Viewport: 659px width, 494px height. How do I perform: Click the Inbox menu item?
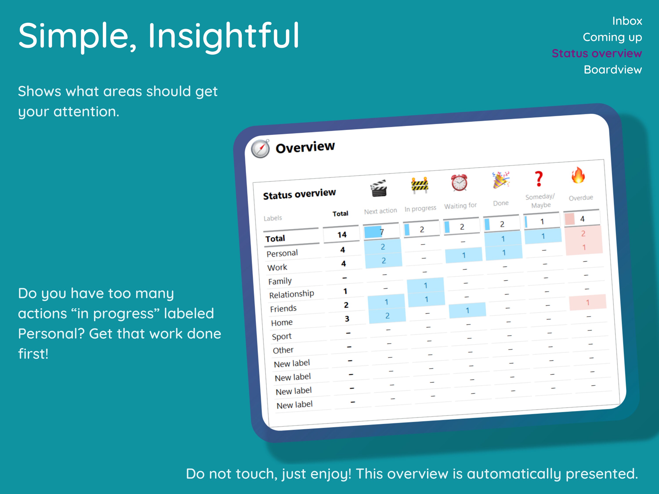coord(627,21)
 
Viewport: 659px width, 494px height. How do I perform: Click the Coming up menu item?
coord(612,38)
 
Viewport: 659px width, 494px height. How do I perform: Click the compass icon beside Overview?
coord(260,149)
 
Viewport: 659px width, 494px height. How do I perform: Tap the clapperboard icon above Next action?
coord(379,188)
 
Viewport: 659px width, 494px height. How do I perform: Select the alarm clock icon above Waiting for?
coord(459,182)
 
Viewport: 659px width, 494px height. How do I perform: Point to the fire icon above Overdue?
coord(578,175)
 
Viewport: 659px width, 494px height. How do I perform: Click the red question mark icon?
coord(538,179)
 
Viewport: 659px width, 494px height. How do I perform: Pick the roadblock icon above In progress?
coord(420,185)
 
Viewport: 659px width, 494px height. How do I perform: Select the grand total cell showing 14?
coord(342,235)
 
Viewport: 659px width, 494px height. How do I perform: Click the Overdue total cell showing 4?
coord(582,219)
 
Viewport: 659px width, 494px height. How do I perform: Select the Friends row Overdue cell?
coord(588,303)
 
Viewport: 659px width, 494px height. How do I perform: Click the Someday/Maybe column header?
coord(540,201)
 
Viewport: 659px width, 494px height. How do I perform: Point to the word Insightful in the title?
coord(223,36)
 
